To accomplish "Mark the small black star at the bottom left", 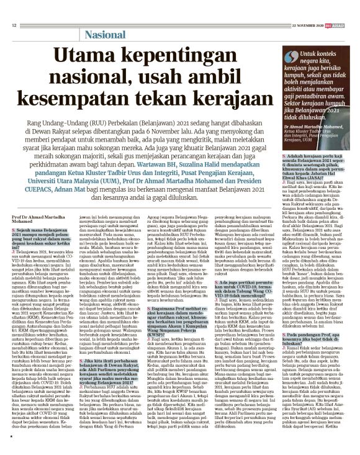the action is pos(12,438).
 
